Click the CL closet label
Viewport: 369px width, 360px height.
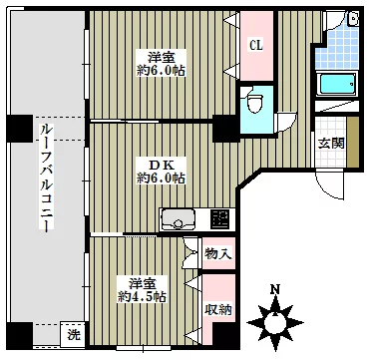(256, 46)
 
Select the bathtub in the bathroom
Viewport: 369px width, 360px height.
(337, 84)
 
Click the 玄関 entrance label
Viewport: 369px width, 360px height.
(331, 143)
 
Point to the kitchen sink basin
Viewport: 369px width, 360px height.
(178, 218)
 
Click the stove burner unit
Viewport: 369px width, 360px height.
(220, 218)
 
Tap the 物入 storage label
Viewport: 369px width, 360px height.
(218, 254)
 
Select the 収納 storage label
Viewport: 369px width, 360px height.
(218, 310)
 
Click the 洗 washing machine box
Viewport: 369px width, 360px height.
(73, 335)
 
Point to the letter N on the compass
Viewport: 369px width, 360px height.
(274, 290)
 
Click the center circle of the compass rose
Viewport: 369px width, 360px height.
(275, 322)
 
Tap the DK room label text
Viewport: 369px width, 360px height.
(162, 165)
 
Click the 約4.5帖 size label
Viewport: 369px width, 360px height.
(142, 296)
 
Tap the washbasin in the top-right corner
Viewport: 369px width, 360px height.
(353, 18)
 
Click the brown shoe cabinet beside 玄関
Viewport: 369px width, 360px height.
(352, 143)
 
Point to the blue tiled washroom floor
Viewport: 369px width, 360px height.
(337, 47)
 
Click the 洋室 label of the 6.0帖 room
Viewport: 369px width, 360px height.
(162, 58)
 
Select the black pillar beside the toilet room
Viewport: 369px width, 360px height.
(225, 128)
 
